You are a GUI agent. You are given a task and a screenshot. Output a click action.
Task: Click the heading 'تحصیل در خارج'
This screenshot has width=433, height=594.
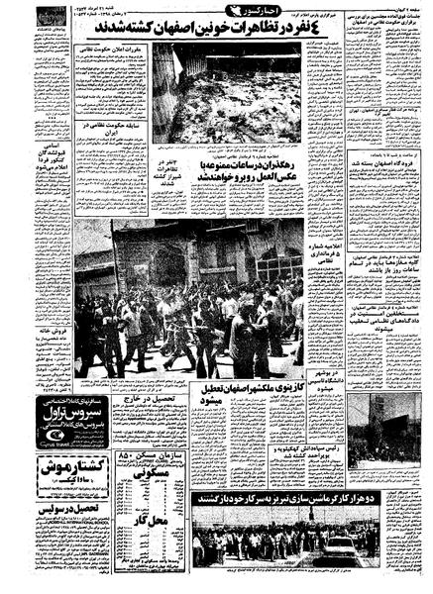click(x=160, y=400)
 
